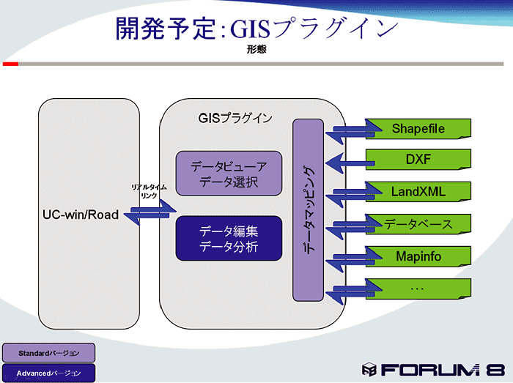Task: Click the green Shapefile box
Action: click(418, 129)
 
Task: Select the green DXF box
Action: click(418, 160)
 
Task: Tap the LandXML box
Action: click(418, 192)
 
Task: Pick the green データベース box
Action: click(418, 224)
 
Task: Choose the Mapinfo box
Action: click(418, 256)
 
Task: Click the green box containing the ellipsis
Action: click(418, 288)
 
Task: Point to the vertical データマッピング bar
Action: click(309, 210)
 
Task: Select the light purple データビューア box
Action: click(229, 174)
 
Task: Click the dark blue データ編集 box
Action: click(229, 238)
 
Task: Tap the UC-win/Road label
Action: click(81, 216)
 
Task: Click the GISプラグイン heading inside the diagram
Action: click(235, 117)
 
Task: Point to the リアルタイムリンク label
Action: click(149, 192)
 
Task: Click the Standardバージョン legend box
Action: click(48, 353)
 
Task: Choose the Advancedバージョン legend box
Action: click(48, 373)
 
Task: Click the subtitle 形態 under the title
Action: click(256, 50)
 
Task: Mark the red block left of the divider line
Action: click(10, 64)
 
